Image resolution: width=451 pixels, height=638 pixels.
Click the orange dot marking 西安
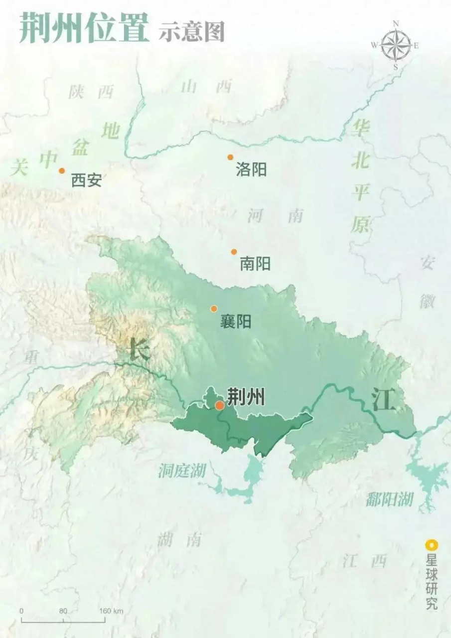62,170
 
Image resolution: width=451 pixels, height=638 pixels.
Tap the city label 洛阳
251,169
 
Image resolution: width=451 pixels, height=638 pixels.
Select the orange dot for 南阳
234,252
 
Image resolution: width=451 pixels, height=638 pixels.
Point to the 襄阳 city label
236,321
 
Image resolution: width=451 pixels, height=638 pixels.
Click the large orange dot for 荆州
220,405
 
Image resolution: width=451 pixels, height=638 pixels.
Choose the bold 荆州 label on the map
246,397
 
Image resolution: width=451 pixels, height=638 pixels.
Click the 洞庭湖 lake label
182,470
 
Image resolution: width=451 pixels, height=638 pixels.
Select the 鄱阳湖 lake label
390,499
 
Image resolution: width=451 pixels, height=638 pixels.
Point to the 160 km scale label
111,611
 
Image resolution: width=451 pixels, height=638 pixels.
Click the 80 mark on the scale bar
63,611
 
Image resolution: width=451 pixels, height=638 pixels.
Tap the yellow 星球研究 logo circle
431,545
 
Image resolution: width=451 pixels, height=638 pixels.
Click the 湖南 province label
179,539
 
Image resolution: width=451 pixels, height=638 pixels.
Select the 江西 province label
364,561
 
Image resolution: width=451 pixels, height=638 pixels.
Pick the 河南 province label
275,216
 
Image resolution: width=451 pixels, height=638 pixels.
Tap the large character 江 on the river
383,400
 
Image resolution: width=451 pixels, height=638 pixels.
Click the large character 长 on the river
140,348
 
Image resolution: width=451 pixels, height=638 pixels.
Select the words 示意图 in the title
191,31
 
